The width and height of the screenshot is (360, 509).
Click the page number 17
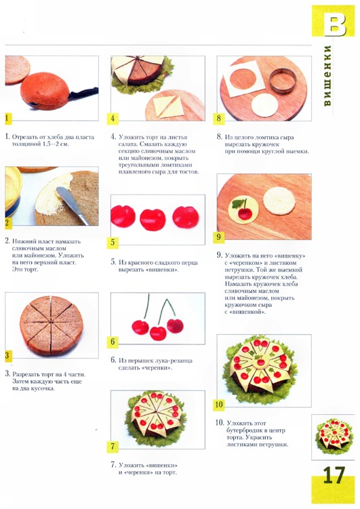click(334, 476)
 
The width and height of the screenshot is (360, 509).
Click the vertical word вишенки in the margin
click(327, 75)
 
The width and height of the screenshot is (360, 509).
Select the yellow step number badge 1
click(7, 118)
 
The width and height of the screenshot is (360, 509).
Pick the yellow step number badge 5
click(113, 242)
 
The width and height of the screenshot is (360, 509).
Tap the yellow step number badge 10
click(219, 404)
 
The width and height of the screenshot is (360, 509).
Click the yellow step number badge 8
click(219, 118)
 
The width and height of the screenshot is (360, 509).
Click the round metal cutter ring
click(283, 81)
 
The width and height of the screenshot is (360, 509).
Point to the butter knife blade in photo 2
click(73, 205)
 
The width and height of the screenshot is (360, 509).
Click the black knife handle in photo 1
click(84, 93)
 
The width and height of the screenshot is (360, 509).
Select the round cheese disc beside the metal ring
click(264, 105)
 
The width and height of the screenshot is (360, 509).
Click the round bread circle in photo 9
click(279, 201)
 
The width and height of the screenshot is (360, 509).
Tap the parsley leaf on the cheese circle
click(238, 204)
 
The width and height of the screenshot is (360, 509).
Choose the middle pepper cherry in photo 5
click(153, 220)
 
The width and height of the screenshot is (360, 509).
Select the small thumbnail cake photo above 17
click(333, 437)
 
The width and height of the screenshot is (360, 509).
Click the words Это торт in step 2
click(25, 270)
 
